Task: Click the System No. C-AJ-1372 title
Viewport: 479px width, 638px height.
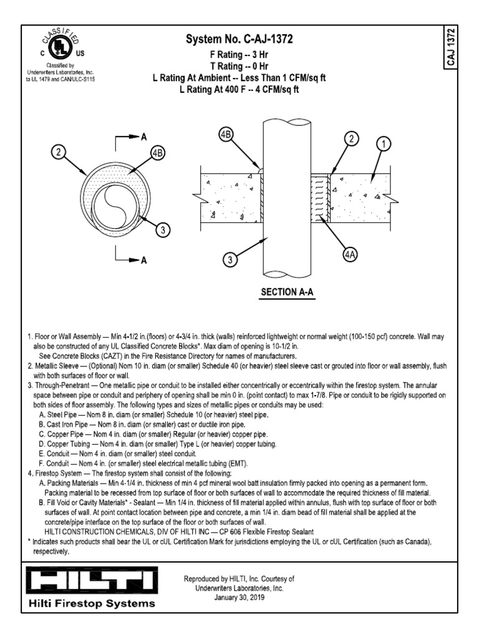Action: coord(239,40)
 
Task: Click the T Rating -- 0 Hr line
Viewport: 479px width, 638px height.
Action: coord(239,66)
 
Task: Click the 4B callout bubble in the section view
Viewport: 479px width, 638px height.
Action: coord(226,135)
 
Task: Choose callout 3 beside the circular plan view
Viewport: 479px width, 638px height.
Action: coord(163,231)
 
